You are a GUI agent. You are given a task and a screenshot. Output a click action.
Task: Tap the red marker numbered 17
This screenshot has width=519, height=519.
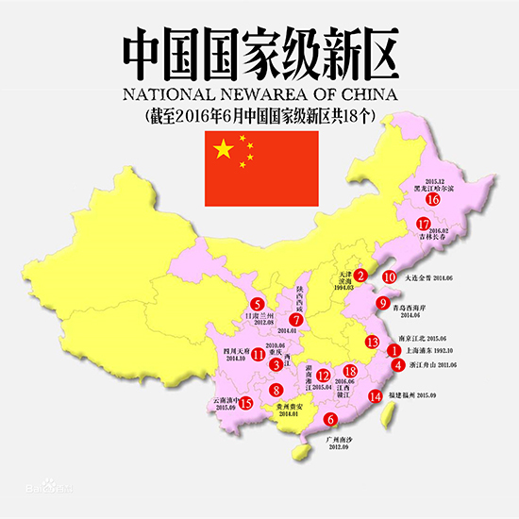(x=424, y=224)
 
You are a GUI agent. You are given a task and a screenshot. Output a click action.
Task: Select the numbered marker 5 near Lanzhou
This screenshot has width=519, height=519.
(x=257, y=304)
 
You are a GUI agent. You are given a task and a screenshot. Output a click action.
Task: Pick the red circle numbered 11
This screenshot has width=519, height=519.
(x=258, y=355)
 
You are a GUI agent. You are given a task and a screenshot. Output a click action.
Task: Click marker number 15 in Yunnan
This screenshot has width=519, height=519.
(x=246, y=404)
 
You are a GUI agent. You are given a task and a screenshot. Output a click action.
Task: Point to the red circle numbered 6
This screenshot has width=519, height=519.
(x=329, y=420)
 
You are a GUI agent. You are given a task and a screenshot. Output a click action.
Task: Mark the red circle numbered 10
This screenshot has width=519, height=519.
(x=389, y=277)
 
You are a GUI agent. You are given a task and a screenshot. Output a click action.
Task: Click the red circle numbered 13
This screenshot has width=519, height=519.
(x=373, y=341)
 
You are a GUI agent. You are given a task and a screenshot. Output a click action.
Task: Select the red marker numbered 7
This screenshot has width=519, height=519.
(x=296, y=319)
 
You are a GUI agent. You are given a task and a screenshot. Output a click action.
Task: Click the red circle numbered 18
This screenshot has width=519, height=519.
(x=351, y=372)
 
